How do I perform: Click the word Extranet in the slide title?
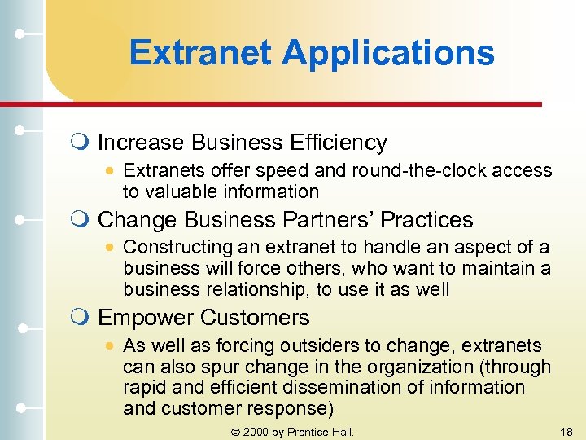click(x=201, y=54)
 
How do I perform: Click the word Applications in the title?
click(x=388, y=54)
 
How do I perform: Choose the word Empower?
click(x=146, y=318)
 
